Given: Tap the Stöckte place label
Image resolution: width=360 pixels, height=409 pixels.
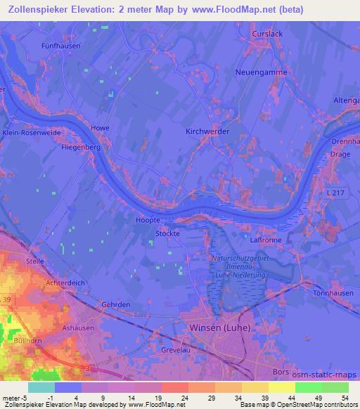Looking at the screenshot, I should coord(168,233).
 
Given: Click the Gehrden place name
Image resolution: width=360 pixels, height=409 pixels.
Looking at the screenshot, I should coord(115,304).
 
